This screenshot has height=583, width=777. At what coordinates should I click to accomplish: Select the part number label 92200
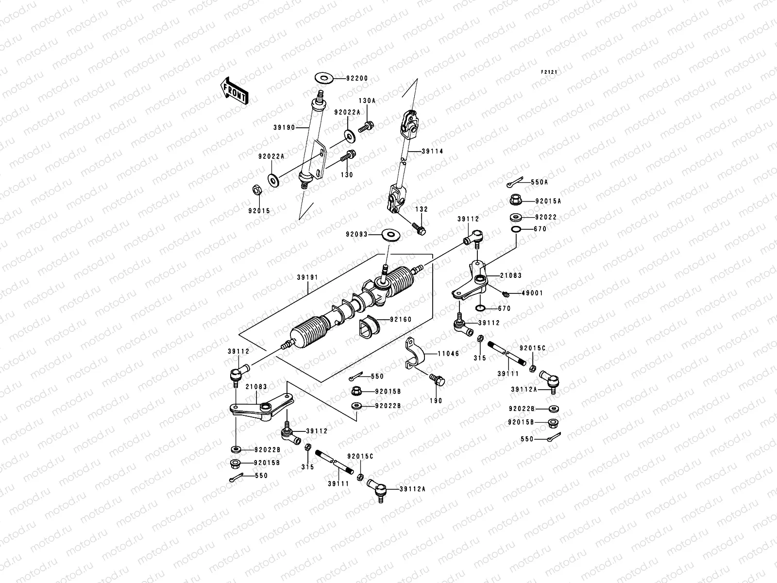tap(357, 78)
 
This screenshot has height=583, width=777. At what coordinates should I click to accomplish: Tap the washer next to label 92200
tap(324, 77)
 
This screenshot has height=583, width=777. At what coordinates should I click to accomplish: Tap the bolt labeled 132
tap(418, 228)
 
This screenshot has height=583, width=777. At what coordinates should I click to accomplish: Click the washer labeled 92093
tap(390, 235)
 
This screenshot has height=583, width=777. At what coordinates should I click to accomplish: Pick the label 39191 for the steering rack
tap(307, 277)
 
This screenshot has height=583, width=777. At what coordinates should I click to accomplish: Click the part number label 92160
tap(401, 320)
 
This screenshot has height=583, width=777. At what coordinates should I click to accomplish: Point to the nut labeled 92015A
tap(516, 200)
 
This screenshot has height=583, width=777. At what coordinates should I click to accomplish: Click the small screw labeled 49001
tap(506, 293)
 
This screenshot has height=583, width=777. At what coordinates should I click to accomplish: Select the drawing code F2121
tap(549, 72)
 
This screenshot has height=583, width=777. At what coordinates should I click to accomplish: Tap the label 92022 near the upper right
tap(546, 217)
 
